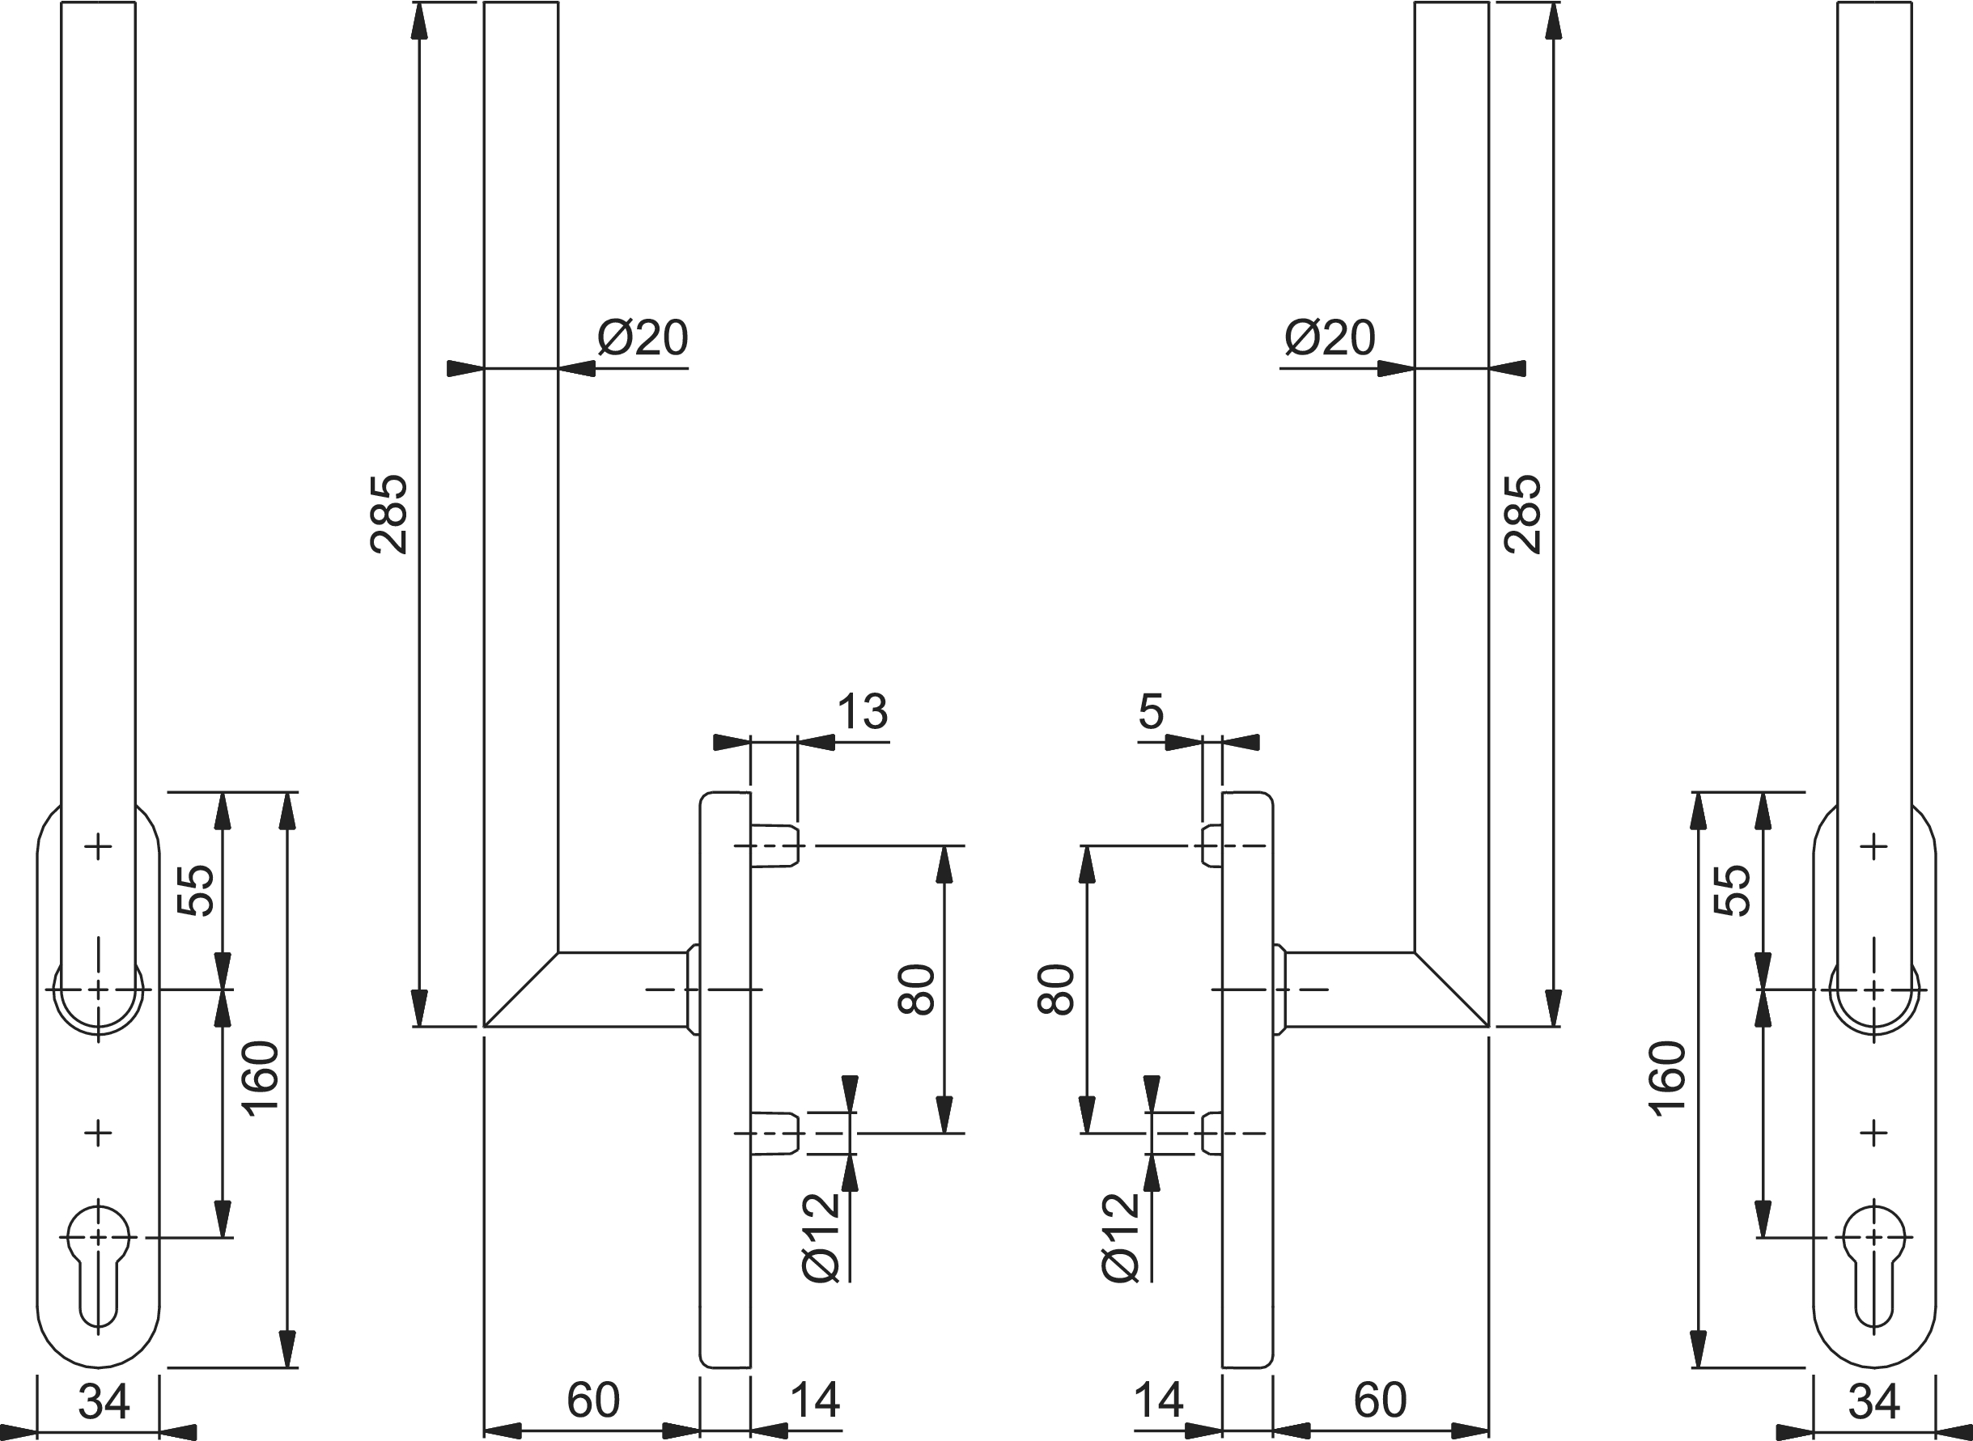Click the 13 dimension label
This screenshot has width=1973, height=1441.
click(x=863, y=712)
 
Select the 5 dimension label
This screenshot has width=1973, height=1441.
click(x=1152, y=712)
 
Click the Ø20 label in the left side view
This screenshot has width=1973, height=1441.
click(x=643, y=337)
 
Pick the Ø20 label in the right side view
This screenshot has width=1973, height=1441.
click(x=1330, y=337)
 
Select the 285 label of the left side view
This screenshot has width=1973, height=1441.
click(x=389, y=514)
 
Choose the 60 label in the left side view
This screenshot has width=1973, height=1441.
click(x=593, y=1400)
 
